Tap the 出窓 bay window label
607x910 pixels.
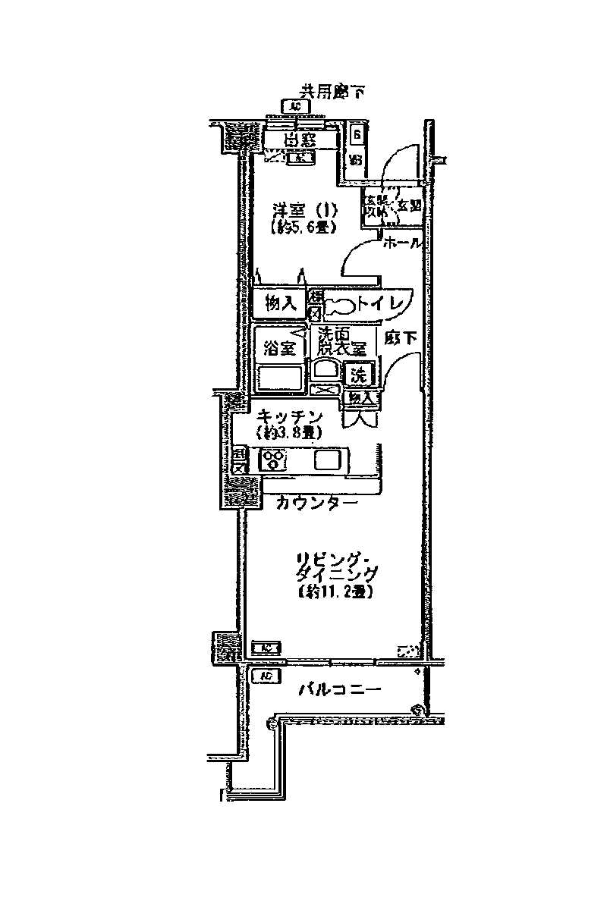[x=300, y=140]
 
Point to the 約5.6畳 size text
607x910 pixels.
[x=302, y=225]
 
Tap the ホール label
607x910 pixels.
[x=401, y=243]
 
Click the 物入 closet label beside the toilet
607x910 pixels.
[x=280, y=304]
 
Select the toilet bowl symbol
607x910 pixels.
[x=341, y=306]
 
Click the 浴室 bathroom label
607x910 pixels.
[x=278, y=349]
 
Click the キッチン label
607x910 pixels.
[x=291, y=416]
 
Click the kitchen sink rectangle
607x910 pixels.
[x=329, y=460]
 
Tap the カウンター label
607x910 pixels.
[x=316, y=502]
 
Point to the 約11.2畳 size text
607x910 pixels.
[x=334, y=592]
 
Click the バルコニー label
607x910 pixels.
[x=338, y=690]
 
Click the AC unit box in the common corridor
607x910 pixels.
[x=294, y=107]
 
